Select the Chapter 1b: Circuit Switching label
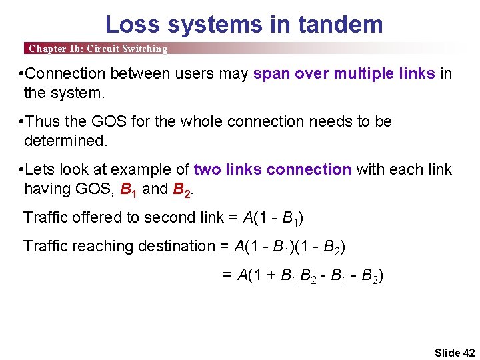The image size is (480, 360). coord(98,49)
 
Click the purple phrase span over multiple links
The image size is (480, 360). coord(344,73)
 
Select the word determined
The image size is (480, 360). coord(65,141)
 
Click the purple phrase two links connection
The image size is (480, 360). coord(272,169)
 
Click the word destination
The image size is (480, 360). coord(174,246)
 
